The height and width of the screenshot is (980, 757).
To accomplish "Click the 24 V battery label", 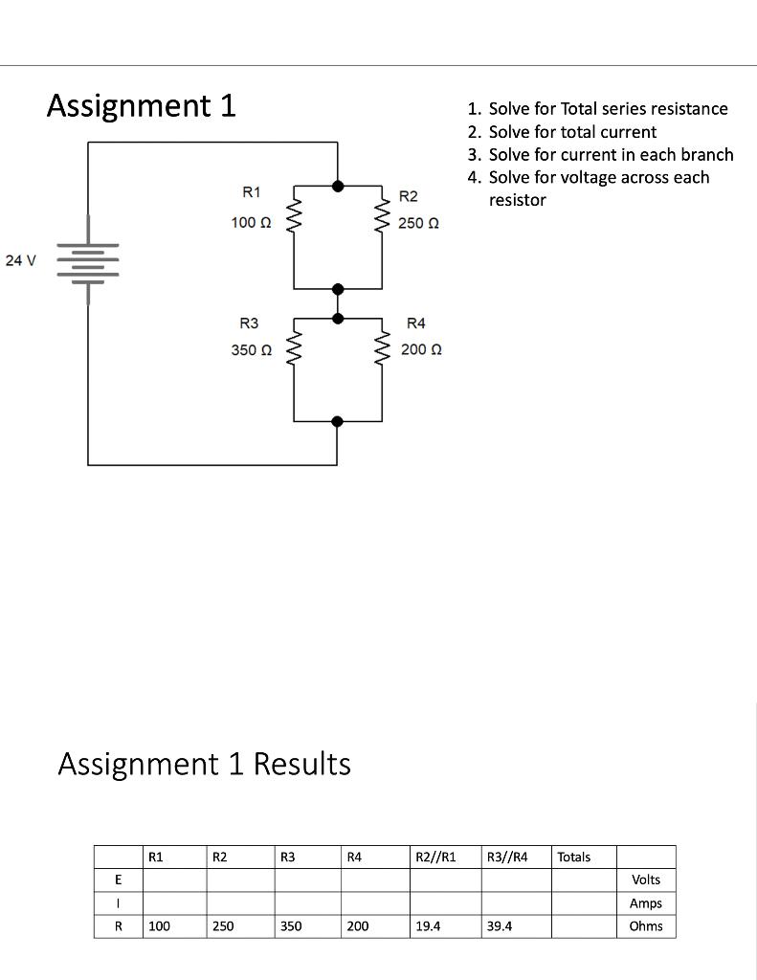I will [20, 260].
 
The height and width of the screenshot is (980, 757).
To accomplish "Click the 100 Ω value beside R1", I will [252, 222].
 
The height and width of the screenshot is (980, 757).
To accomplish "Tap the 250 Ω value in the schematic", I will [419, 223].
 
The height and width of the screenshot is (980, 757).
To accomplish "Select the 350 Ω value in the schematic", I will [252, 350].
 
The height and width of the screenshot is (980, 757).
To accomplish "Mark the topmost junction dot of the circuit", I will [338, 187].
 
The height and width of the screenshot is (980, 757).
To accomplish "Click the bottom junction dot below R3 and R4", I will [337, 421].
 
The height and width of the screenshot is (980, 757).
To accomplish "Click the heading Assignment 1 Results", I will [204, 764].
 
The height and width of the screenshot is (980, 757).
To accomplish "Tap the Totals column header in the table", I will [574, 857].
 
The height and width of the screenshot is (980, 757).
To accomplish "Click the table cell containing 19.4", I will [445, 926].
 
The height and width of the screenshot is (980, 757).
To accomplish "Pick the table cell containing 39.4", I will [516, 926].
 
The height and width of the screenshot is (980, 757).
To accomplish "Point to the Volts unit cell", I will [646, 880].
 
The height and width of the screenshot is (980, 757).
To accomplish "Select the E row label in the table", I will [118, 880].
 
